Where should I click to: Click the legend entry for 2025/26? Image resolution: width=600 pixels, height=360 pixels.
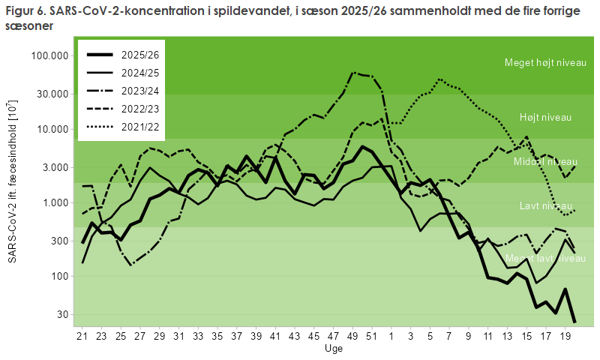(122, 55)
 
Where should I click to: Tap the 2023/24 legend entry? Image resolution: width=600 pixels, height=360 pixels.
(122, 91)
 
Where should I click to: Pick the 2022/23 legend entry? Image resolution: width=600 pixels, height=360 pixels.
(122, 109)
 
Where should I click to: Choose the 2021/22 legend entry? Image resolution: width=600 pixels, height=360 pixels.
(122, 127)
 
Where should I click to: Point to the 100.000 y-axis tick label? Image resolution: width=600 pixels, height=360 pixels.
(49, 55)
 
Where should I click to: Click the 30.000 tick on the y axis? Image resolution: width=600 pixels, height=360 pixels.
(52, 94)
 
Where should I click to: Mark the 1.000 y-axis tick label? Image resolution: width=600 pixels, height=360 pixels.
(55, 202)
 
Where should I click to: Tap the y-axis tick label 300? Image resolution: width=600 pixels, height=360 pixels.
(61, 241)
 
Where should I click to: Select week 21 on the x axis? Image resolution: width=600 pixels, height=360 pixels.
(82, 336)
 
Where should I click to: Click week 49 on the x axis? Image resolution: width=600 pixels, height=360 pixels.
(352, 336)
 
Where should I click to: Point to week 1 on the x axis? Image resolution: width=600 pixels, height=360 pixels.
(391, 336)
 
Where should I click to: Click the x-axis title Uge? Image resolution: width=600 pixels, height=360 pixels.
(334, 349)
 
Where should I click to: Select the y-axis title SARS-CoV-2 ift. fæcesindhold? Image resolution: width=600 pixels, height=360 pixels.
(12, 181)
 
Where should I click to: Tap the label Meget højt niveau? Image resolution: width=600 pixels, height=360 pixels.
(545, 63)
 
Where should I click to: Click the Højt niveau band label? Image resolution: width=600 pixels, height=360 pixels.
(545, 118)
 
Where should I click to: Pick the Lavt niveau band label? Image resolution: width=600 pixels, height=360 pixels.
(546, 205)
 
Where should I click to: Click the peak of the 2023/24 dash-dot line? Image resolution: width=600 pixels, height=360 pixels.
(352, 72)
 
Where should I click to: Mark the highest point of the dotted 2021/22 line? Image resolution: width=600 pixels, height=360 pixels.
(439, 79)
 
